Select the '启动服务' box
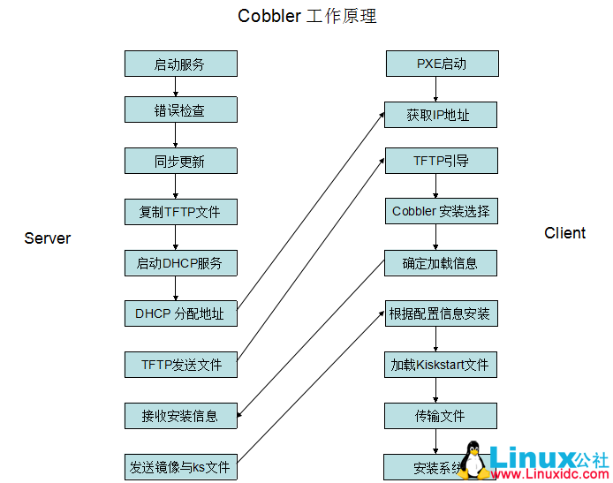click(180, 64)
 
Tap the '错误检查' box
click(180, 110)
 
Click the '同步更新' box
click(180, 161)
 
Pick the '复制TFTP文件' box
click(180, 212)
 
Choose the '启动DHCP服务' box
click(180, 263)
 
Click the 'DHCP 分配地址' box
click(180, 313)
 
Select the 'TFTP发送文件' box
click(180, 365)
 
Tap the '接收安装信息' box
click(180, 415)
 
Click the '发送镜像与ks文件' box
click(180, 467)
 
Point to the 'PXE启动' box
click(442, 64)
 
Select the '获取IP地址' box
click(439, 115)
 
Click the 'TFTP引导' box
click(442, 161)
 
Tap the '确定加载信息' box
click(441, 263)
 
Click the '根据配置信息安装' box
click(440, 313)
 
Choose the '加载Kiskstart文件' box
click(440, 365)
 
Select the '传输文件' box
click(440, 416)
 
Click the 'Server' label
click(48, 238)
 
